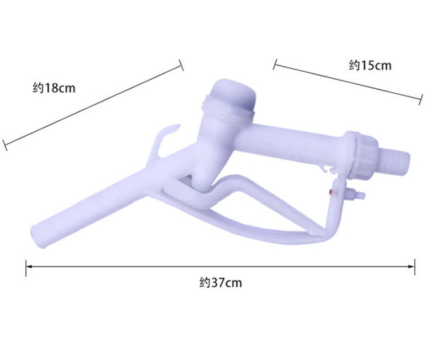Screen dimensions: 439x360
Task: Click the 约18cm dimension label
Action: coord(54,88)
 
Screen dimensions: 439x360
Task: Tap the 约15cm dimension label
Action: coord(370,65)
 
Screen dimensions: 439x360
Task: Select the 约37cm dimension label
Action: coord(220,283)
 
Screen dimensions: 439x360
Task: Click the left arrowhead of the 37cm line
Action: coord(28,266)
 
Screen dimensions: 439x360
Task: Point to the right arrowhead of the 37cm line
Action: coord(412,266)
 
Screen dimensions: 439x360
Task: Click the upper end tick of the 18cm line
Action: coord(181,65)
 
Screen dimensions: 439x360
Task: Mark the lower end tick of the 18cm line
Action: coord(5,145)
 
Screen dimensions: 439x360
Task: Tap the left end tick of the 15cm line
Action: coord(275,64)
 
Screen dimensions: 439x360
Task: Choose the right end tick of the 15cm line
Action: coord(421,99)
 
